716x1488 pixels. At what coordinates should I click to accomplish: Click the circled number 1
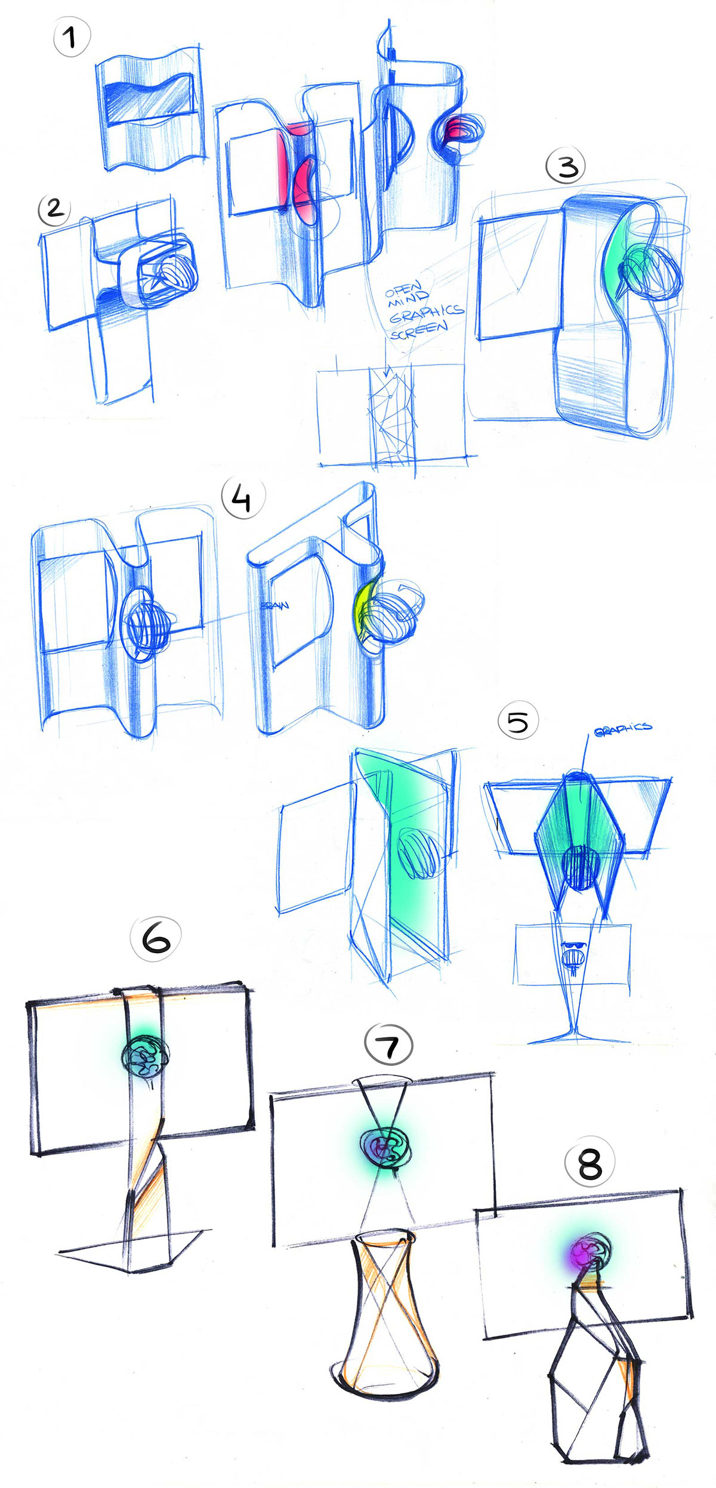click(x=72, y=38)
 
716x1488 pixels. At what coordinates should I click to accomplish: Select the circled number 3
click(x=566, y=166)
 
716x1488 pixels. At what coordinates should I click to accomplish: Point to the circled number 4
click(x=242, y=498)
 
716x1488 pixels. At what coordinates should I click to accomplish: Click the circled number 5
click(x=517, y=721)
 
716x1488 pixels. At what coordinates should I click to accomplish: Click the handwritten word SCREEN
click(x=419, y=329)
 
